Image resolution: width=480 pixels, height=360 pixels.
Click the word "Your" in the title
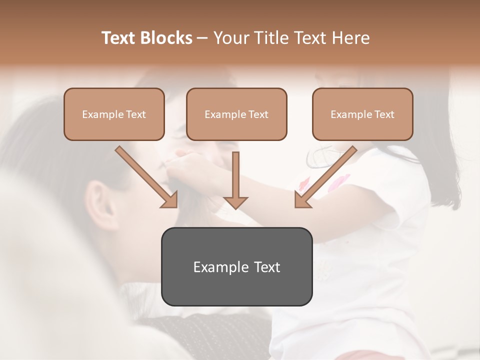231,38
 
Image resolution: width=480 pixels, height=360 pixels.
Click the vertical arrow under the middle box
235,180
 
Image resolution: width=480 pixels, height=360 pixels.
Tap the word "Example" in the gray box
220,267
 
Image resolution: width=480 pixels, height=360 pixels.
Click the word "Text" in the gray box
267,267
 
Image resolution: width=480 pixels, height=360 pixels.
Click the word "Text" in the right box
384,114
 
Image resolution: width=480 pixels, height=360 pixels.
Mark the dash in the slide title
202,38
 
